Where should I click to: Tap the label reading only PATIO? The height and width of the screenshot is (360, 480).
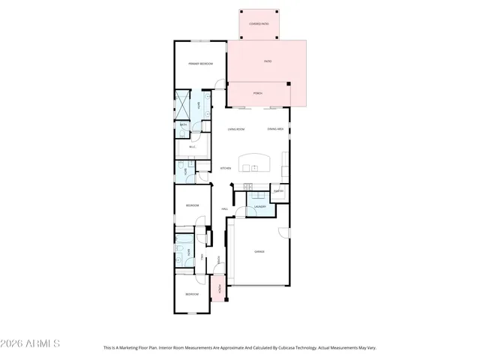[x=268, y=61]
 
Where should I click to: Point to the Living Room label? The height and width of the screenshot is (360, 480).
[x=237, y=129]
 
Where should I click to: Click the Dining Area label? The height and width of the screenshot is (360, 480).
[x=275, y=129]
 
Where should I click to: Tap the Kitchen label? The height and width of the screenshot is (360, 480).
[x=225, y=168]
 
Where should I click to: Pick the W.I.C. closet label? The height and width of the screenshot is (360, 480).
[x=193, y=146]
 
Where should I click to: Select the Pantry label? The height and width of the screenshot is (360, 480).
[x=277, y=191]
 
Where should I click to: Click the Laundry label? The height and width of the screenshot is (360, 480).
[x=260, y=206]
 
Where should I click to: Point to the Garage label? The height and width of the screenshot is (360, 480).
[x=259, y=251]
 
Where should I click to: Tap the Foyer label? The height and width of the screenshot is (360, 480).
[x=218, y=259]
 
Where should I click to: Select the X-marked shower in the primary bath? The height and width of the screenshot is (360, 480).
[x=183, y=105]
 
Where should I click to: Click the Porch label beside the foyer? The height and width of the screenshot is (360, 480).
[x=219, y=289]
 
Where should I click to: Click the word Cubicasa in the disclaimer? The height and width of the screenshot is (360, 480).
[x=295, y=348]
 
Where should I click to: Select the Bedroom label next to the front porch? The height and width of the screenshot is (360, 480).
[x=192, y=294]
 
